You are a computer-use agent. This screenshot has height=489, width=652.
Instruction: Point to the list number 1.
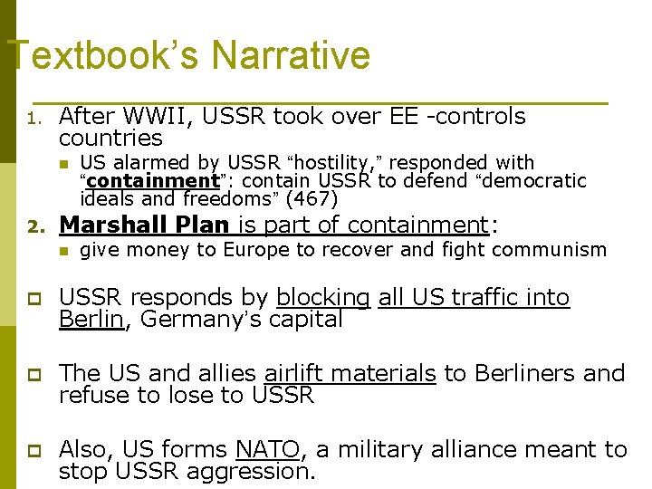(33, 119)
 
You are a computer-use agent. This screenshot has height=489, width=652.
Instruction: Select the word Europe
(255, 250)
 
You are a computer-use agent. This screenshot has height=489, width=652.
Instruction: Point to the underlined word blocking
(323, 298)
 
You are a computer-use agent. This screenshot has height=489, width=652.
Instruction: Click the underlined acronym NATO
(267, 450)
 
